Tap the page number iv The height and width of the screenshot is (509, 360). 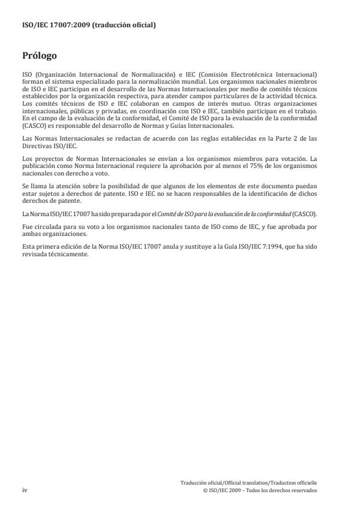[x=25, y=490]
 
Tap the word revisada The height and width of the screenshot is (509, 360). [x=35, y=253]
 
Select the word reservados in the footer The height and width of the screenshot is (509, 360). [x=303, y=490]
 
